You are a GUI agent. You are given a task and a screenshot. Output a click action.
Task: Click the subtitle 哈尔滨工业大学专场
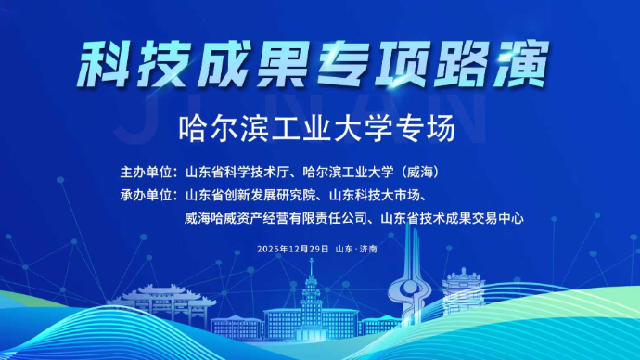point(319,129)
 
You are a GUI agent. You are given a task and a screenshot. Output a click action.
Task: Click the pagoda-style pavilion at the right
point(464,292)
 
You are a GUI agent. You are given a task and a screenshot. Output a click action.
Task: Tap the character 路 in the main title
point(461,61)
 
